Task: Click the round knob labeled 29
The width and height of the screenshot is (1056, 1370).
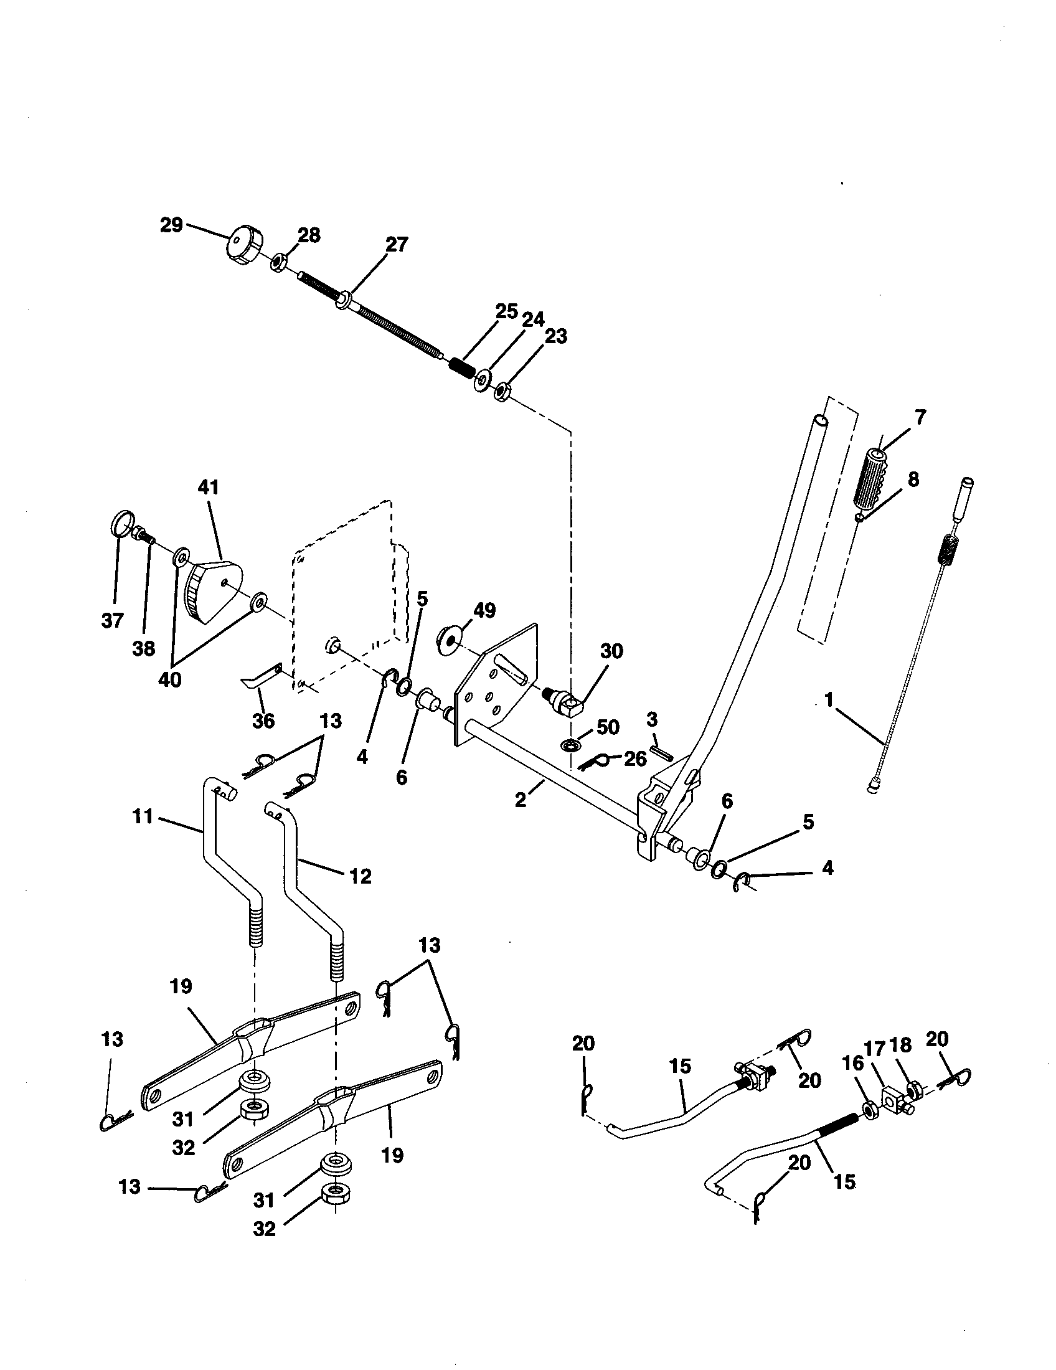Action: click(243, 247)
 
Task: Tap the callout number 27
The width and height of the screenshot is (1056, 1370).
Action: click(397, 245)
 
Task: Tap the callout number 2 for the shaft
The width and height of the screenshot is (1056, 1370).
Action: click(521, 801)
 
